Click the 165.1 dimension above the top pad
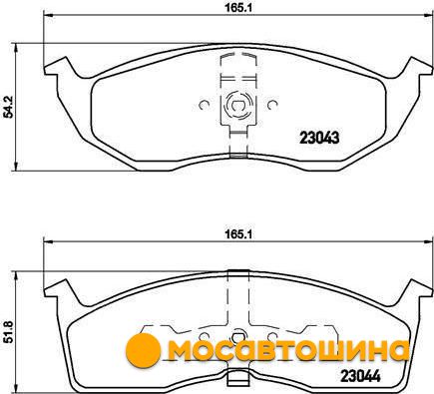pos(239,8)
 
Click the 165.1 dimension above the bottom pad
pos(239,234)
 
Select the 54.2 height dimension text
pos(8,107)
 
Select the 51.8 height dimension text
pos(8,332)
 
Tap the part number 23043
pos(319,138)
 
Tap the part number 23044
pos(360,376)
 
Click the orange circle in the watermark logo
pos(143,349)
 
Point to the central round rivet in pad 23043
pos(238,106)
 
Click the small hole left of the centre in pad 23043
pos(204,105)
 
